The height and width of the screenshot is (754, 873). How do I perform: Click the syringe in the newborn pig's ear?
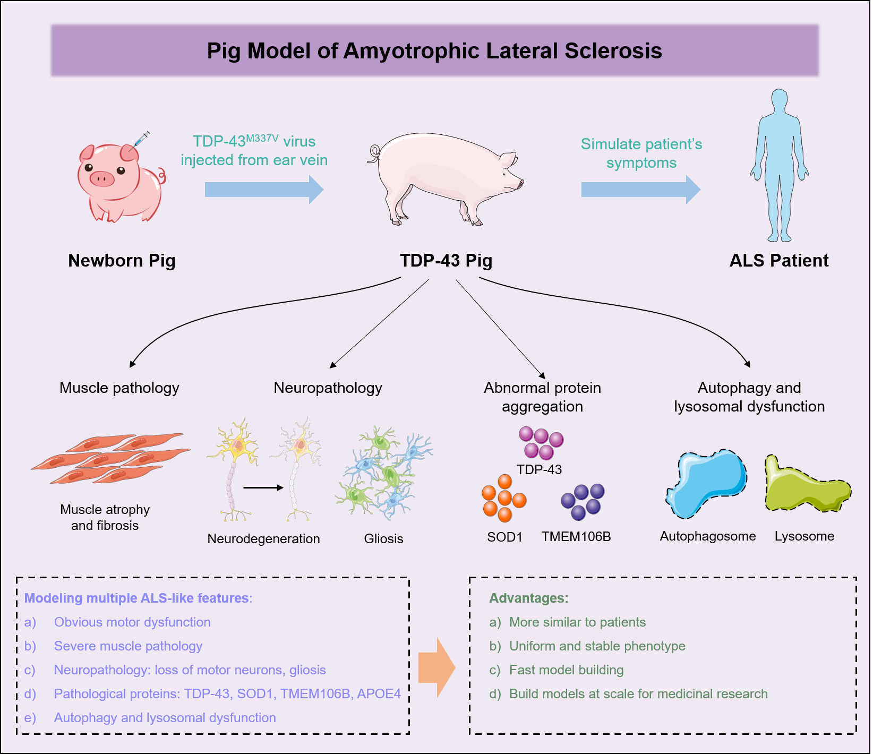point(141,139)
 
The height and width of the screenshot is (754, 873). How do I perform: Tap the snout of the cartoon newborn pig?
point(101,178)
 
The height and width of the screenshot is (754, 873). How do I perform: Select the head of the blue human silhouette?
point(779,101)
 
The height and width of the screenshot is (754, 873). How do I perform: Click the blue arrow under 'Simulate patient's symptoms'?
point(640,190)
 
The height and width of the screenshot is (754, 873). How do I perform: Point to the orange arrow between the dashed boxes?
point(437,667)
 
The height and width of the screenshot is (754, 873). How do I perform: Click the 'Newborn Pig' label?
point(122,261)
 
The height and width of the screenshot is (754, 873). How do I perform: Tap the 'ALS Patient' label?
point(778,261)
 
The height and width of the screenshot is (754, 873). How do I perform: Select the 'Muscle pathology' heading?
point(119,388)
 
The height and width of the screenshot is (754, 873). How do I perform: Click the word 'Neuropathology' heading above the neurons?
point(328,388)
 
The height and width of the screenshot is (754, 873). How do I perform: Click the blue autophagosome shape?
point(707,483)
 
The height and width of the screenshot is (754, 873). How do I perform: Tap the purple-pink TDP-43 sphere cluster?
point(541,443)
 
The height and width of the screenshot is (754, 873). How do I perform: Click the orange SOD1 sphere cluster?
point(503,499)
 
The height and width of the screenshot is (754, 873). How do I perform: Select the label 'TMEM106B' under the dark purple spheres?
point(576,536)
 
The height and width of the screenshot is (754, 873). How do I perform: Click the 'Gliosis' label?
point(383,539)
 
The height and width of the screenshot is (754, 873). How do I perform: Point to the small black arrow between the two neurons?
point(263,487)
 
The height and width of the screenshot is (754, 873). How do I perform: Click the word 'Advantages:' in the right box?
point(528,598)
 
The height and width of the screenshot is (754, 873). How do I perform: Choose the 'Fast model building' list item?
point(566,670)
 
